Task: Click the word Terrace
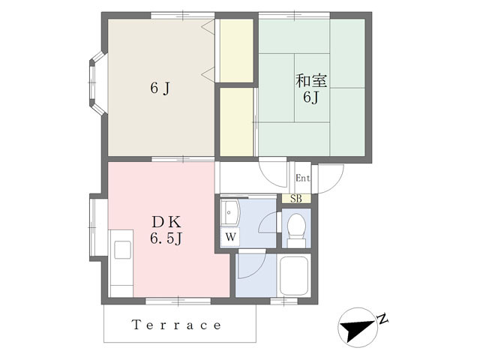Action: point(177,325)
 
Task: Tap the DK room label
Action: point(166,222)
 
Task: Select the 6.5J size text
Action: point(166,238)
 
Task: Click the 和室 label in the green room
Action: point(311,81)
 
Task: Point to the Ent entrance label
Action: point(302,178)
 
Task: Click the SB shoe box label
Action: point(296,199)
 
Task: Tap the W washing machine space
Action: point(230,237)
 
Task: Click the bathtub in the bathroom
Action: point(293,276)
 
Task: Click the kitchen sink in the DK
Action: point(122,250)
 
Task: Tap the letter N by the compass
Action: point(382,319)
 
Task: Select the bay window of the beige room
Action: point(97,82)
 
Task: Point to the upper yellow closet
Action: point(236,50)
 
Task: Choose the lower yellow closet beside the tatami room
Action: point(236,121)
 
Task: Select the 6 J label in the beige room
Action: point(160,88)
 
